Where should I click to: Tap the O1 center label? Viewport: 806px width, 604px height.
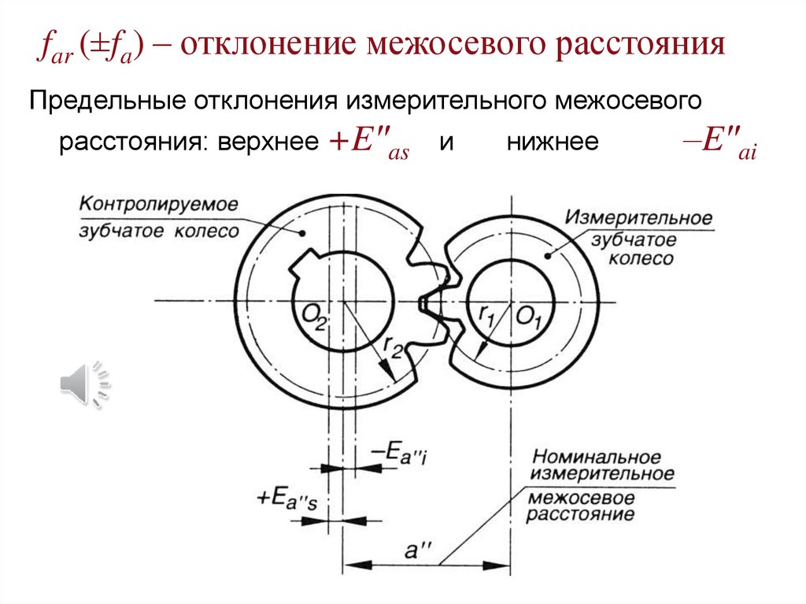(529, 317)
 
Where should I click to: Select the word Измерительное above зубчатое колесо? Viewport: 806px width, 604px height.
(639, 217)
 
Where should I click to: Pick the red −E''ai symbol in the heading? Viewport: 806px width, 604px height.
(719, 145)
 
